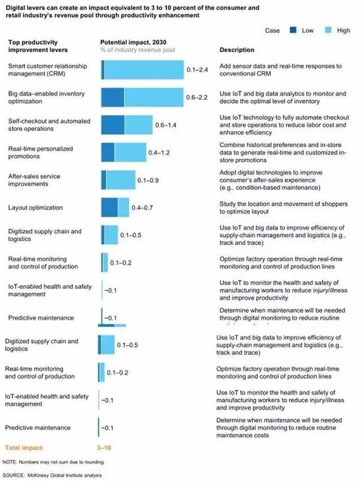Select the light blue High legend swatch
click(x=325, y=30)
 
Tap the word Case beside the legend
click(x=272, y=30)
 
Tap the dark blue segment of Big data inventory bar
click(x=112, y=97)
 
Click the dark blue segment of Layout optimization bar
click(x=109, y=207)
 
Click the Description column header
click(x=236, y=50)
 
